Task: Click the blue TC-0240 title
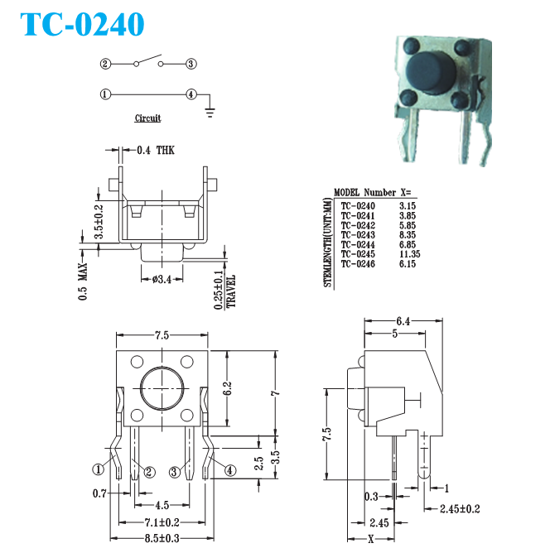point(82,24)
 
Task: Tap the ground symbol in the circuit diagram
point(210,113)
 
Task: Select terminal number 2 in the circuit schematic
point(105,64)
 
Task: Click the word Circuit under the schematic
point(147,118)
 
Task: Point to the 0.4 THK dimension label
point(156,150)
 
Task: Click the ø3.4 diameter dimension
point(162,279)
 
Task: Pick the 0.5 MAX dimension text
point(83,281)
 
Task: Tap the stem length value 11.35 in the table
point(409,254)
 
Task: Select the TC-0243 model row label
point(358,235)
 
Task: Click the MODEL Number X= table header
point(372,193)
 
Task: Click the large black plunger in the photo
point(431,73)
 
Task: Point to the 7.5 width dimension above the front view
point(162,335)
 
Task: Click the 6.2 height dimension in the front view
point(228,388)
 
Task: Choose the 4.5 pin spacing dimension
point(162,505)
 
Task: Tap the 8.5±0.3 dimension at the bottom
point(162,538)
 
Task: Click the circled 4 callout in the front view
point(230,470)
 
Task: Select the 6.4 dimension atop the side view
point(403,321)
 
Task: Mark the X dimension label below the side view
point(371,539)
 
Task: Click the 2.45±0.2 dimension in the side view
point(460,508)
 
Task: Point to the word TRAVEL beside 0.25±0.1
point(231,291)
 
